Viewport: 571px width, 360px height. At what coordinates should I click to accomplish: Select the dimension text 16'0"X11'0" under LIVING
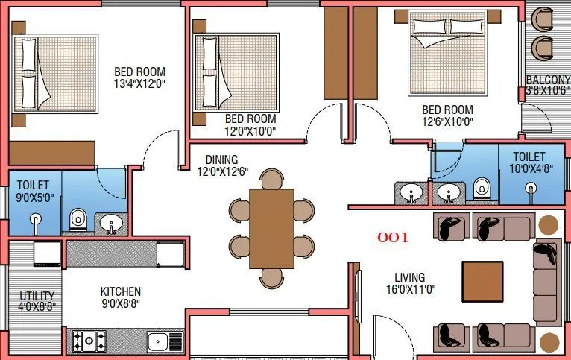(x=409, y=290)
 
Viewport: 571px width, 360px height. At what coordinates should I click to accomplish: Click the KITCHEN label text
(x=121, y=291)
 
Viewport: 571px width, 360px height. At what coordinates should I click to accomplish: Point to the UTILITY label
(x=37, y=295)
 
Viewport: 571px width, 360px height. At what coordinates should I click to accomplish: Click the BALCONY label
(x=548, y=80)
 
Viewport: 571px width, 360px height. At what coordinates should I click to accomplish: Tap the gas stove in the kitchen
(x=89, y=341)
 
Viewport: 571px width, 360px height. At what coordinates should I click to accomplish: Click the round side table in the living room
(x=549, y=225)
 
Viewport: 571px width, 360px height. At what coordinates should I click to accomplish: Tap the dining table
(x=271, y=229)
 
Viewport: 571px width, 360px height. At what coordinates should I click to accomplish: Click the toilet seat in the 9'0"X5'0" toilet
(x=78, y=220)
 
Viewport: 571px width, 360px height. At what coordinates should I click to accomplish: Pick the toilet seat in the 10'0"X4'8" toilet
(x=482, y=187)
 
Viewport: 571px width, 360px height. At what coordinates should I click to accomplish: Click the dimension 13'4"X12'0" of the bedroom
(x=139, y=84)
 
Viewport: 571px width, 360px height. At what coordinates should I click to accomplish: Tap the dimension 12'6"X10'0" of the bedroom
(x=447, y=121)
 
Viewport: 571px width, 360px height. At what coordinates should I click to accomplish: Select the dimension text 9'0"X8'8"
(x=121, y=303)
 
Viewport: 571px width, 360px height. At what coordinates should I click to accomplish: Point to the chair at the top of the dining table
(x=271, y=180)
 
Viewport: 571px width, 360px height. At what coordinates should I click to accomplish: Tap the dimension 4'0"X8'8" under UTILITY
(x=37, y=306)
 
